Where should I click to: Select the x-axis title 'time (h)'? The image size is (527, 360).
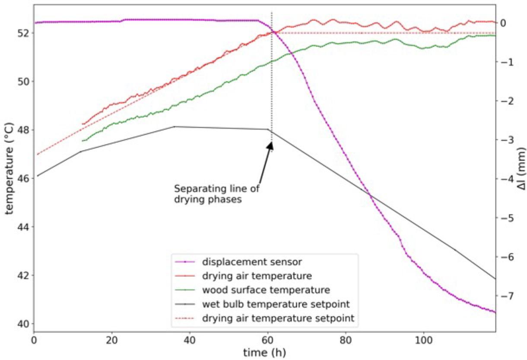[x=264, y=352]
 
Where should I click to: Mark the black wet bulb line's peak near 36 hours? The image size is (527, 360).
[x=174, y=126]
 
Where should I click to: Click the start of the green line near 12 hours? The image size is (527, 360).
[x=83, y=141]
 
